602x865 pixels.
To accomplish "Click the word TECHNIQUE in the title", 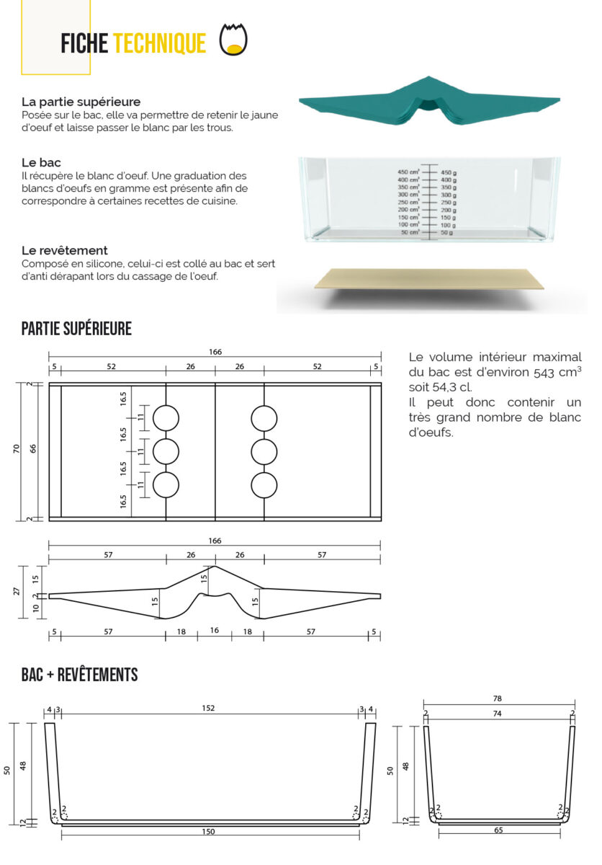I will (x=159, y=43).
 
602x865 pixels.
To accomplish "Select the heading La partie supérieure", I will (x=81, y=102).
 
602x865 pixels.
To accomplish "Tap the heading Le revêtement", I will (x=65, y=250).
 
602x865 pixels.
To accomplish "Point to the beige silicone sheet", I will (x=429, y=279).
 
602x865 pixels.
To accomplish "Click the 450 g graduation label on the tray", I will (x=449, y=172).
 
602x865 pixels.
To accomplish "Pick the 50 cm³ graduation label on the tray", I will (x=410, y=232).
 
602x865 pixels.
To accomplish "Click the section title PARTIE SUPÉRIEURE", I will (x=76, y=329).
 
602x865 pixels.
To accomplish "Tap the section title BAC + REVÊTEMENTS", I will (x=79, y=675).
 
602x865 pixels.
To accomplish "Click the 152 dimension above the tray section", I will (x=209, y=709).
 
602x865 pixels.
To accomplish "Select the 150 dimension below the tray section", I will (x=209, y=832).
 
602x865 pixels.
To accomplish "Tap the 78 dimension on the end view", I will (x=498, y=698).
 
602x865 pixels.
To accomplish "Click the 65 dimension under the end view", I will (x=498, y=830).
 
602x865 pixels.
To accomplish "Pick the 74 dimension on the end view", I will (x=498, y=714).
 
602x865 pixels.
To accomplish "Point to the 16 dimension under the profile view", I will (x=214, y=631).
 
